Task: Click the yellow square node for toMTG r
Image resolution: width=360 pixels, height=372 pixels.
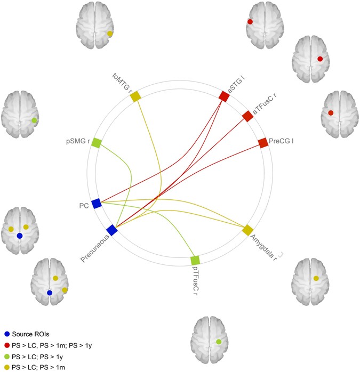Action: pyautogui.click(x=135, y=96)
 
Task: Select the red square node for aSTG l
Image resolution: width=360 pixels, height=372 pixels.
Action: pyautogui.click(x=224, y=96)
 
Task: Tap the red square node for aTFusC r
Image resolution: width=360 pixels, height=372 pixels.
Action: pyautogui.click(x=247, y=116)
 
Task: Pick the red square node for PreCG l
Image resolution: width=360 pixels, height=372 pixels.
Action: pyautogui.click(x=263, y=143)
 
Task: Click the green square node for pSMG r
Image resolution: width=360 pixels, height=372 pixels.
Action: pyautogui.click(x=97, y=142)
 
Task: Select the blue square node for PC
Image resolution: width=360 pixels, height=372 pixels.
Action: pyautogui.click(x=97, y=203)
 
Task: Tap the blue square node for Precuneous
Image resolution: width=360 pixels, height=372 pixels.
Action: pyautogui.click(x=111, y=230)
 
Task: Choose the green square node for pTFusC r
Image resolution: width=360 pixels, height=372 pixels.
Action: pyautogui.click(x=195, y=260)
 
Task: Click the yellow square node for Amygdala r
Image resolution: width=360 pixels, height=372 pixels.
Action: pyautogui.click(x=247, y=230)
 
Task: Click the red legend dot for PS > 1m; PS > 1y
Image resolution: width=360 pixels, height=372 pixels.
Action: pyautogui.click(x=6, y=346)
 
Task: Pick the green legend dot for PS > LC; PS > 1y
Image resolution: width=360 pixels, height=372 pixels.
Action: pyautogui.click(x=6, y=357)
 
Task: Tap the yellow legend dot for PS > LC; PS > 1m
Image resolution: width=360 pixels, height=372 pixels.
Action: pyautogui.click(x=6, y=367)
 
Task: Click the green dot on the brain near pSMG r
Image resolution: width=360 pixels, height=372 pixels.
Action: pyautogui.click(x=35, y=120)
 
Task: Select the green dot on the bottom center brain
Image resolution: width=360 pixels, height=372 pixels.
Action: pyautogui.click(x=219, y=341)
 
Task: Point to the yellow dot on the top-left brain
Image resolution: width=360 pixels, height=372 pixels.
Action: pyautogui.click(x=109, y=34)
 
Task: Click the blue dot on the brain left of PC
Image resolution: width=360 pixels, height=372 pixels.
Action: pyautogui.click(x=19, y=236)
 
